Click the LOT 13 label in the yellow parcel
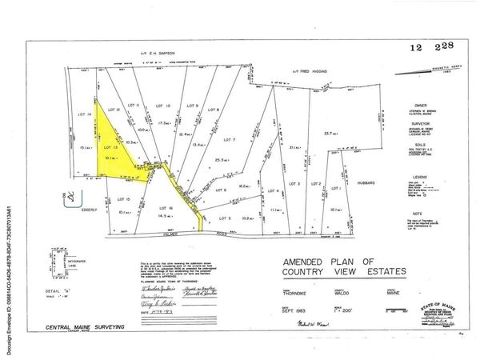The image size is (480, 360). [110, 149]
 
